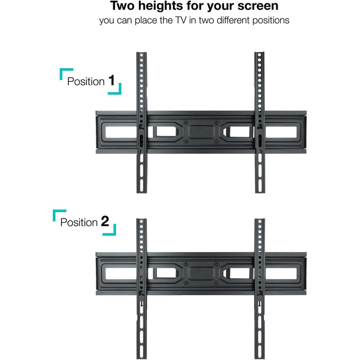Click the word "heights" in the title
(160, 6)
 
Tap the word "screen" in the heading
(258, 6)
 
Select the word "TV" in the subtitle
(181, 20)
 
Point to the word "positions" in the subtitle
(271, 21)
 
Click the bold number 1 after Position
(112, 80)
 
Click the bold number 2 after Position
(105, 221)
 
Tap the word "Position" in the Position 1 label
(86, 81)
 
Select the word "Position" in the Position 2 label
(79, 223)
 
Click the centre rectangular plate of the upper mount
(201, 132)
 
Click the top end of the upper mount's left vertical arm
(141, 52)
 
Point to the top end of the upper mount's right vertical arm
(259, 52)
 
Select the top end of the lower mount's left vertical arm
(141, 219)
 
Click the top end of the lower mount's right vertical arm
(260, 219)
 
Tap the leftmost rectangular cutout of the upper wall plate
(121, 132)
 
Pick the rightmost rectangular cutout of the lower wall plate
(281, 273)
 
